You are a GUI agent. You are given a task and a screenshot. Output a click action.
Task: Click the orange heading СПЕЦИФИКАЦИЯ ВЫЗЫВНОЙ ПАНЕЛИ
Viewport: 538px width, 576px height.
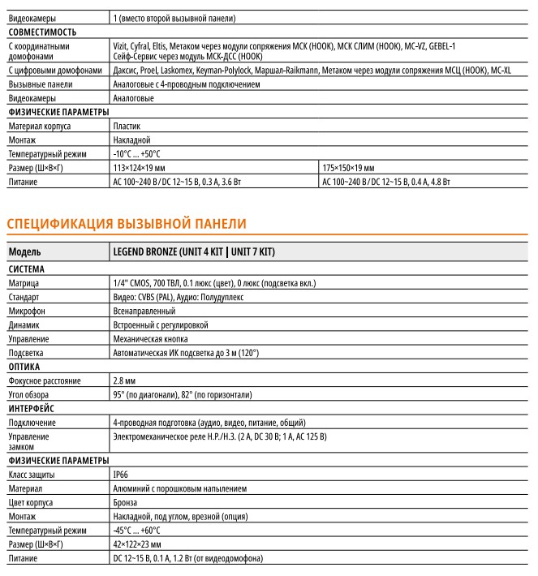pyautogui.click(x=126, y=223)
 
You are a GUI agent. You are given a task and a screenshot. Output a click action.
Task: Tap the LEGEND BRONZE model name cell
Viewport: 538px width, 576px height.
pyautogui.click(x=194, y=252)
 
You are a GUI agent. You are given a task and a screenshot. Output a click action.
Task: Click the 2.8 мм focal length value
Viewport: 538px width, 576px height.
pyautogui.click(x=126, y=380)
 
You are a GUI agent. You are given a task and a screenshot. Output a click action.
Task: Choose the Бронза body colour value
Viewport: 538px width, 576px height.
pyautogui.click(x=127, y=502)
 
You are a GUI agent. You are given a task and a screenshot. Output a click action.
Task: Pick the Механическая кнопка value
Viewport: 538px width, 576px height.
pyautogui.click(x=151, y=338)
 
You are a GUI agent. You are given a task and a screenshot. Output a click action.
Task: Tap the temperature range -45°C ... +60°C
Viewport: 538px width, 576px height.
pyautogui.click(x=137, y=530)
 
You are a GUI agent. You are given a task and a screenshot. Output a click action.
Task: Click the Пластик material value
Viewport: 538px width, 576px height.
pyautogui.click(x=127, y=127)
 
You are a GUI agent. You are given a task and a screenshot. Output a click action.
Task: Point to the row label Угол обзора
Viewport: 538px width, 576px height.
pyautogui.click(x=32, y=394)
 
